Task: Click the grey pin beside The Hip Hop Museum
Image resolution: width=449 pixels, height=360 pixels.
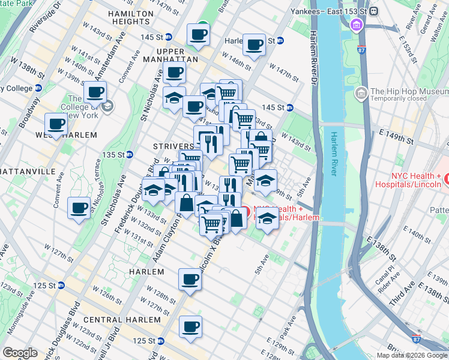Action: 361,93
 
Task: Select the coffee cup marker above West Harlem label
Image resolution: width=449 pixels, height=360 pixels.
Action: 56,124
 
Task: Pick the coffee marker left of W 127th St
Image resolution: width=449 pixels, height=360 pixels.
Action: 79,208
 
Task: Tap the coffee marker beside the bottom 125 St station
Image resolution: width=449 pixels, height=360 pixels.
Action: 191,327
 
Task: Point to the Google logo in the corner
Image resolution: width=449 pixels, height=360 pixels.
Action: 20,353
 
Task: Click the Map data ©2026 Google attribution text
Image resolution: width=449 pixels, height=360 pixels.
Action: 412,355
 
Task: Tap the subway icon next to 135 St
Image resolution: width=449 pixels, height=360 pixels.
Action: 129,155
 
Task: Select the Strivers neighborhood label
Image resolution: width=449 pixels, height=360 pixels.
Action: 173,146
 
